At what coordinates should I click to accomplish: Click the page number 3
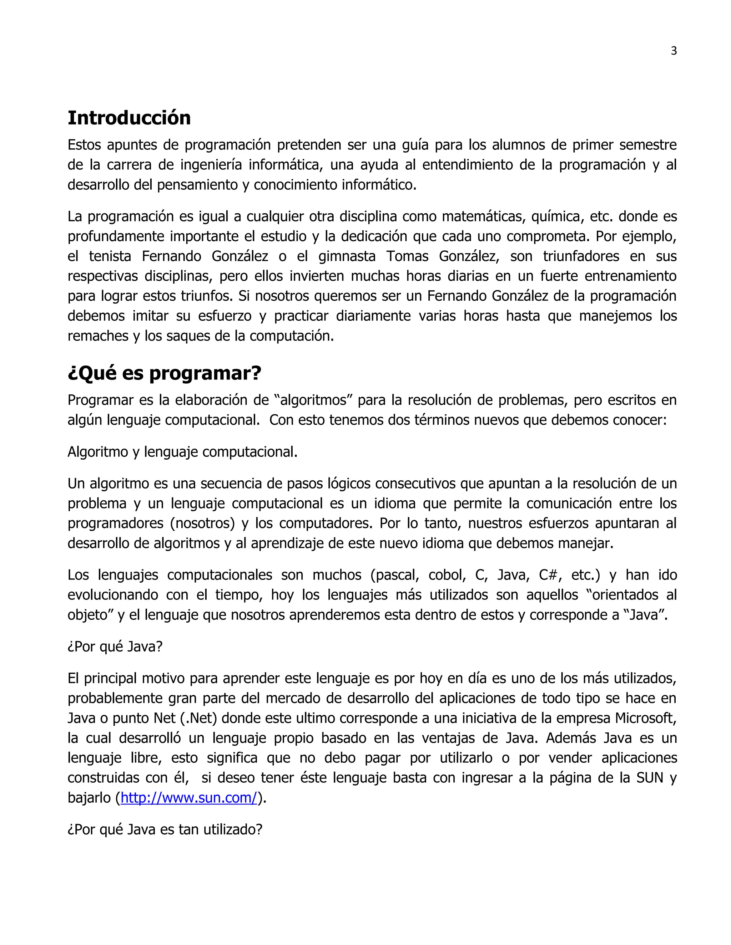tap(674, 51)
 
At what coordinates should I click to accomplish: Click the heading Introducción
tap(129, 118)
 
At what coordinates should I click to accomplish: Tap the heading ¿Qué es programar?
tap(164, 373)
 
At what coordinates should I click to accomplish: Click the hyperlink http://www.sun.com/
tap(189, 797)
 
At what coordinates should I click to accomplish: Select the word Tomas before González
tap(407, 256)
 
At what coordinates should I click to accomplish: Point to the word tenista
tap(110, 256)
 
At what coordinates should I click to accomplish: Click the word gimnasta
tap(347, 256)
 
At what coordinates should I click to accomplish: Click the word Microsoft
tap(645, 718)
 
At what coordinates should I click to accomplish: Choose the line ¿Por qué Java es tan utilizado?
tap(165, 829)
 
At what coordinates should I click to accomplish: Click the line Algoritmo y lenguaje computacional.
tap(182, 452)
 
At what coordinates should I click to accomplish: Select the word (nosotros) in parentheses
tap(202, 523)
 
